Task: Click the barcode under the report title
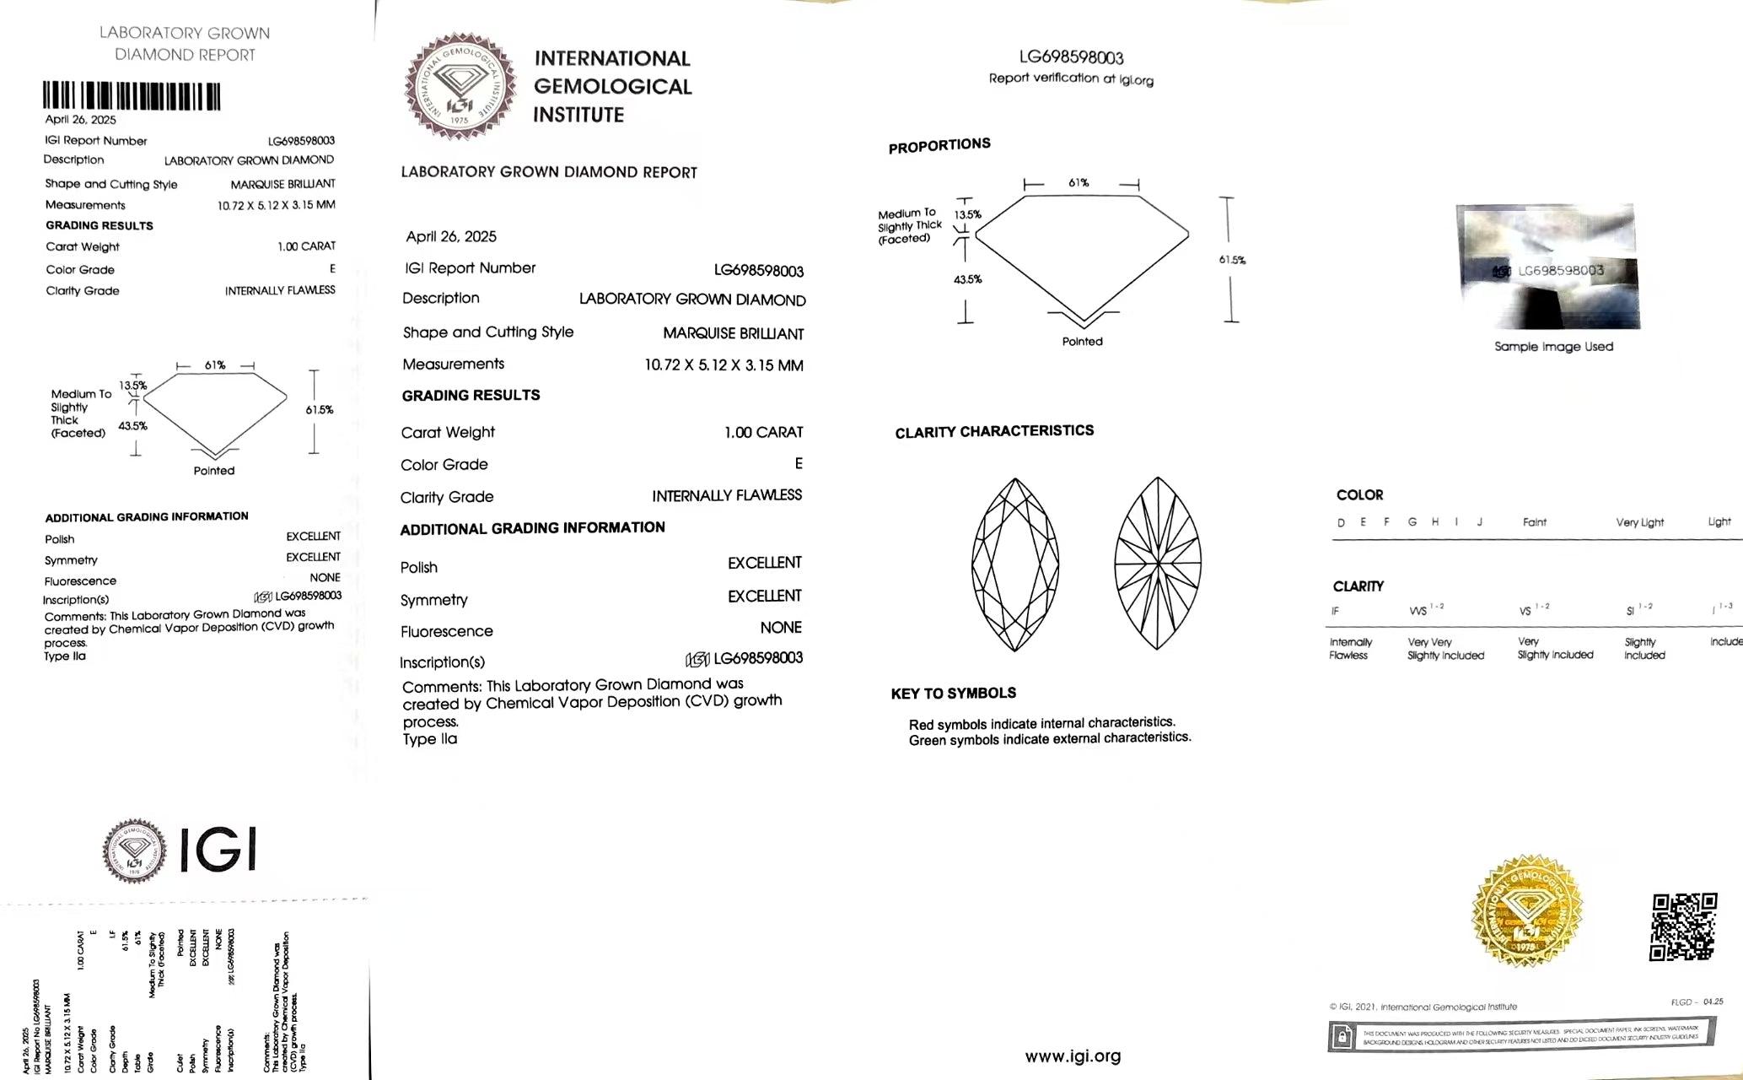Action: point(132,96)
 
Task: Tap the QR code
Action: point(1682,926)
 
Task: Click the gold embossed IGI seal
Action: point(1526,911)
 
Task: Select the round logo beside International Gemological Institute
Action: point(460,86)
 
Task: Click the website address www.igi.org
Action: point(1073,1056)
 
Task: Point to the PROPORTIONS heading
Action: point(939,146)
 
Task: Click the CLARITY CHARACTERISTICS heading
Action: point(994,431)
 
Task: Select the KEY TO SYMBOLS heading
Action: point(953,694)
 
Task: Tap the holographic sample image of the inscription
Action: point(1548,267)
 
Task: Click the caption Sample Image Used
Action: point(1553,347)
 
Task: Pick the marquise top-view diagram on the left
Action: point(1015,564)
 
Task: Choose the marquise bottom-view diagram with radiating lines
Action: point(1158,564)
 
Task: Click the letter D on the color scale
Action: point(1341,523)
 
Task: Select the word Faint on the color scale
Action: point(1534,522)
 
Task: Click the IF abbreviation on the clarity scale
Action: point(1335,611)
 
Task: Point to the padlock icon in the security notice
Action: point(1342,1036)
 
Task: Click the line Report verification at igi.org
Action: point(1071,78)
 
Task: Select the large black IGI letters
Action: point(218,849)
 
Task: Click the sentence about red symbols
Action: point(1041,724)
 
